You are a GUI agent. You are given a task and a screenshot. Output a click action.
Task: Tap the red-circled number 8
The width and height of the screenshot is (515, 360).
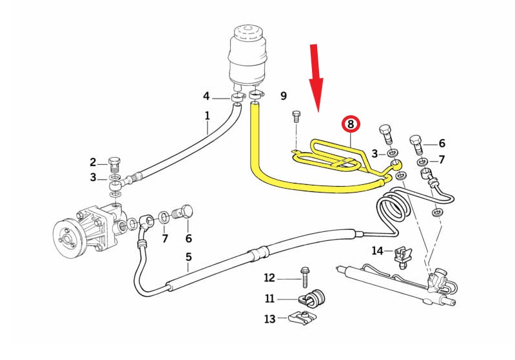(x=351, y=124)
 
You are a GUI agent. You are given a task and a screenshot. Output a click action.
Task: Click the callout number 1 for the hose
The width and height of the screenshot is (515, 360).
(x=208, y=116)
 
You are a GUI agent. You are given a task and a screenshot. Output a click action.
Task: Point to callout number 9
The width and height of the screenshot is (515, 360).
(x=283, y=97)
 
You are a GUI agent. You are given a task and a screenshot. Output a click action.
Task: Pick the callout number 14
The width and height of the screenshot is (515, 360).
(x=377, y=250)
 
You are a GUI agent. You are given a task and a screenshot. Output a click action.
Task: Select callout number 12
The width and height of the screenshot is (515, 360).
(x=269, y=278)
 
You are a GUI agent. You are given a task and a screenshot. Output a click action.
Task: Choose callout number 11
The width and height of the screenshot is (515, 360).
(x=269, y=298)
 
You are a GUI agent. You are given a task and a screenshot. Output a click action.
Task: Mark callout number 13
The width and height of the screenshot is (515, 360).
(x=269, y=318)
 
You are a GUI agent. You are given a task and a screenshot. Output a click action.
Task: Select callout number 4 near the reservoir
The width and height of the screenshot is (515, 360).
(x=206, y=97)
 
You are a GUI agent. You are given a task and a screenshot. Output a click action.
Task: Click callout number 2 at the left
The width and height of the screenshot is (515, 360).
(x=93, y=162)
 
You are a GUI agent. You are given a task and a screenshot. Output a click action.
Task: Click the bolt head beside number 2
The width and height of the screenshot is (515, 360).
(x=115, y=160)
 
